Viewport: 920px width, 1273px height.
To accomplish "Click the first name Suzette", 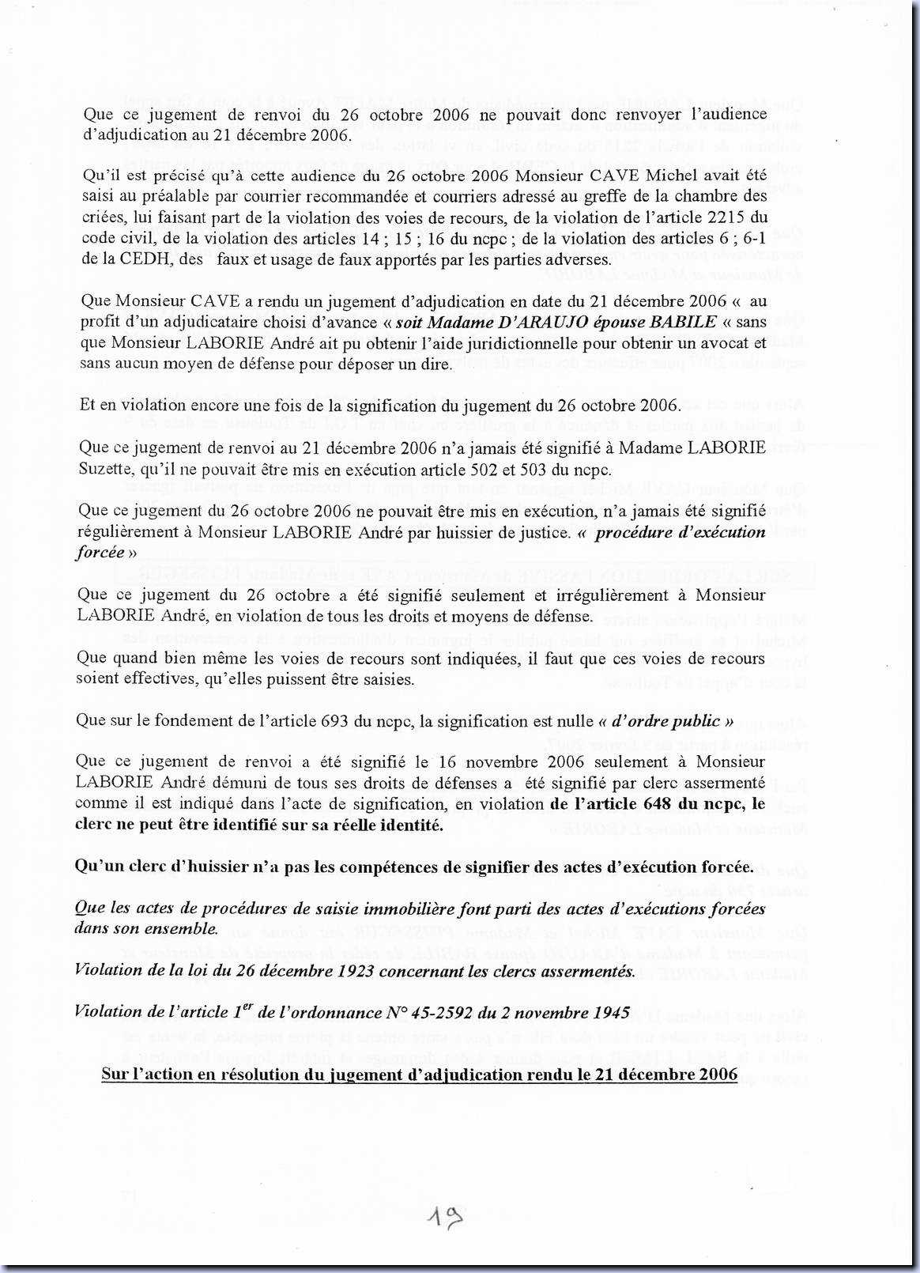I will pyautogui.click(x=107, y=468).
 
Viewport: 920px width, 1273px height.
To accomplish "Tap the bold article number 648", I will pyautogui.click(x=644, y=804).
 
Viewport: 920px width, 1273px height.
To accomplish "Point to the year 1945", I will pyautogui.click(x=609, y=1013).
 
